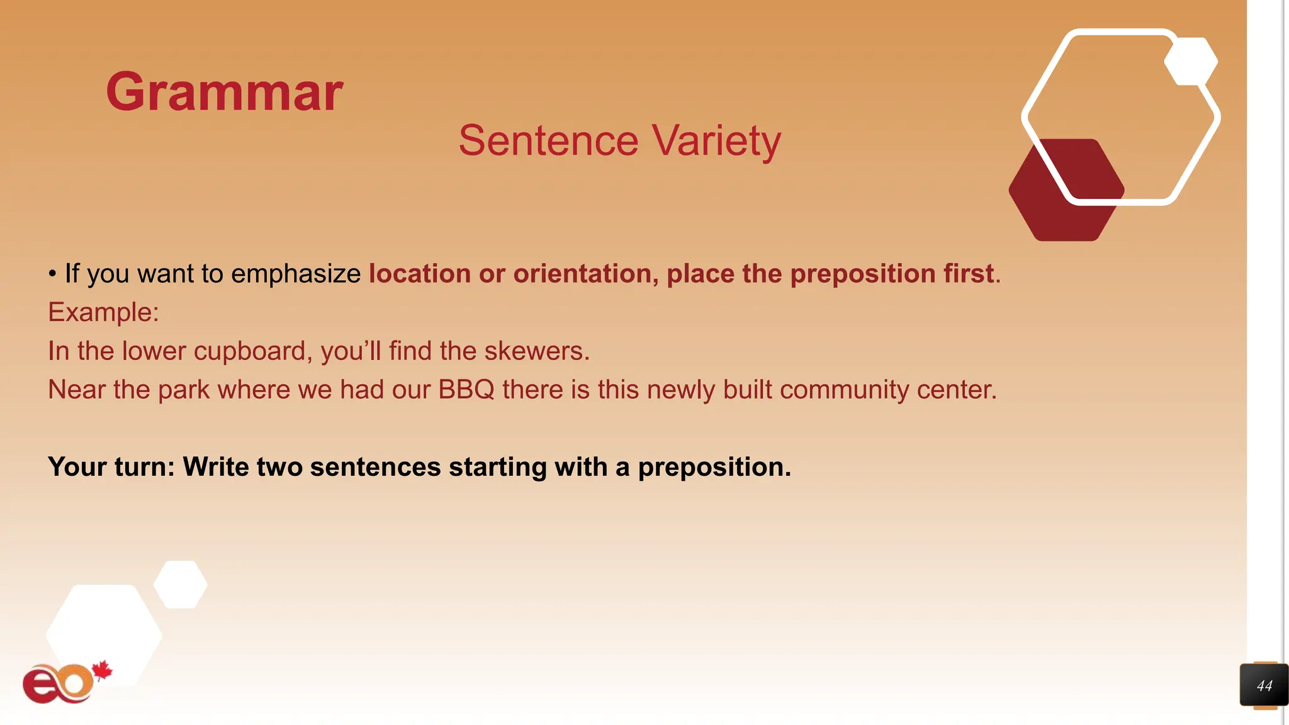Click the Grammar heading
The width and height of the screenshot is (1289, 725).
click(x=224, y=92)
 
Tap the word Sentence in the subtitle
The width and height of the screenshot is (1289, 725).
click(x=548, y=141)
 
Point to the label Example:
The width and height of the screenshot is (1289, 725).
click(x=103, y=312)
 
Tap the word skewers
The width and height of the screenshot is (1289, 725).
click(x=536, y=351)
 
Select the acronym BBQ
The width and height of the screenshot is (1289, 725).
click(x=466, y=390)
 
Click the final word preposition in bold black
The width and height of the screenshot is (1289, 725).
click(x=714, y=467)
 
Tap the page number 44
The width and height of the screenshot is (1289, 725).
click(x=1264, y=686)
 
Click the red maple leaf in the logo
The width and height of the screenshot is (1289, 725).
click(x=102, y=671)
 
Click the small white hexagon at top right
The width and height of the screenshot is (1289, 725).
click(x=1190, y=62)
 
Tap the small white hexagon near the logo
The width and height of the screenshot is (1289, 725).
click(x=181, y=584)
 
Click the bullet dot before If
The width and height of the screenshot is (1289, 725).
click(x=53, y=274)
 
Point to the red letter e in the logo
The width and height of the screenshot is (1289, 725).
click(x=41, y=685)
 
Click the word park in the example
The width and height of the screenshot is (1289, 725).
click(x=183, y=390)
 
